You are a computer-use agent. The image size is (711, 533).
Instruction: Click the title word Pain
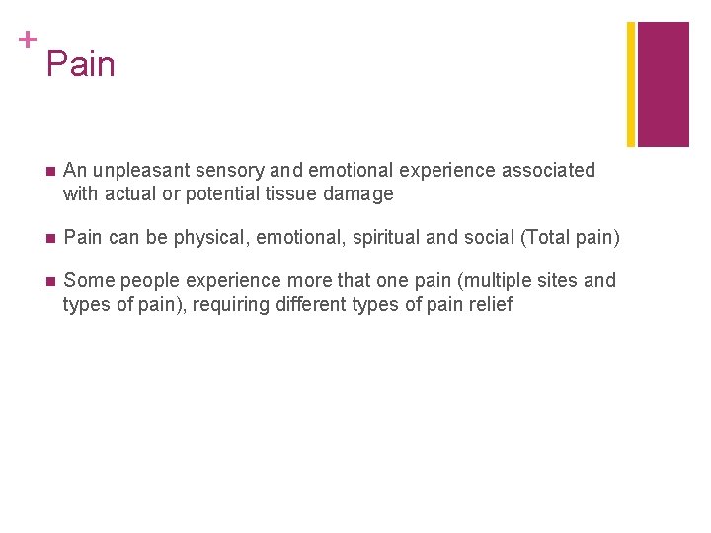tap(80, 65)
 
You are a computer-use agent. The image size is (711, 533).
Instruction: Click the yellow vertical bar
tap(631, 84)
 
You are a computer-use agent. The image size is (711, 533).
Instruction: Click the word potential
tap(222, 194)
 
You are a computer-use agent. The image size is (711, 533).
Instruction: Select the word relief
tap(490, 305)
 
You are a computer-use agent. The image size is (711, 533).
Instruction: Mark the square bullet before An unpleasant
tap(49, 171)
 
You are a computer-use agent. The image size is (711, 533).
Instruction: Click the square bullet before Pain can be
tap(49, 238)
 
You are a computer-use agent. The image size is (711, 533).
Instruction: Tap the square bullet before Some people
tap(49, 281)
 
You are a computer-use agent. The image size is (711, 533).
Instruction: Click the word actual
tap(131, 194)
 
